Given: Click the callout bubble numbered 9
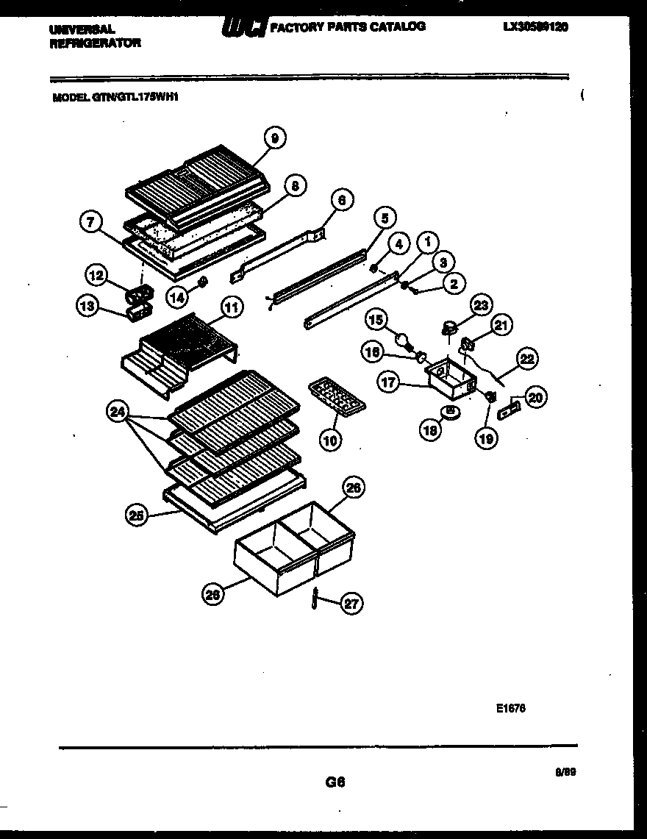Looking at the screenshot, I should (x=274, y=138).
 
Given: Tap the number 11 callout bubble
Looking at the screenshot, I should (x=232, y=307).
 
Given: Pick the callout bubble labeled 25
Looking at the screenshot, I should (x=135, y=516).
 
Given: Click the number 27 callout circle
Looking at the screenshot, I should (x=352, y=604).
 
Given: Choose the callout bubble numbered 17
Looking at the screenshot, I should (x=388, y=382).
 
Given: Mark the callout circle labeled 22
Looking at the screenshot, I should (x=527, y=359).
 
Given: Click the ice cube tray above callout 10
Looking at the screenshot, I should (x=335, y=397).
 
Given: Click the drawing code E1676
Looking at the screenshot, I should (x=510, y=709).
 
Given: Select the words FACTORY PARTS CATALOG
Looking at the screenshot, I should (x=347, y=26).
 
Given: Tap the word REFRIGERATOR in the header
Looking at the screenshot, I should (x=95, y=43).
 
